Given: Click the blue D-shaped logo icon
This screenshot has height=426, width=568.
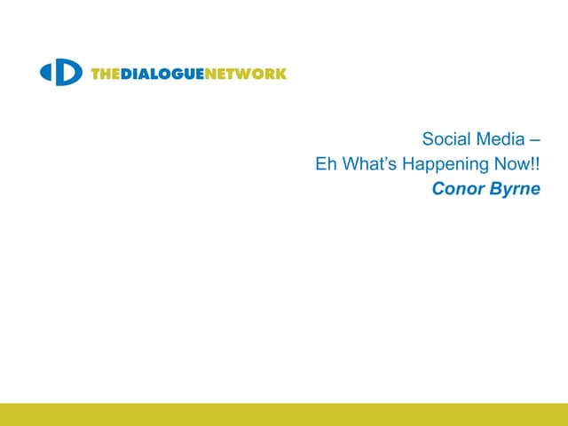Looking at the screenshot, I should [x=61, y=73].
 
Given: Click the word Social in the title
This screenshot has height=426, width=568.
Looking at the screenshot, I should [x=444, y=139].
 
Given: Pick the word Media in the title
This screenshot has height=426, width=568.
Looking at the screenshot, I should [x=500, y=139].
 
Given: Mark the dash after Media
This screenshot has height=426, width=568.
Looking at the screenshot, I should [x=534, y=140].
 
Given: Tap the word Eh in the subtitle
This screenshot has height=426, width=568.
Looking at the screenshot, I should [x=325, y=164].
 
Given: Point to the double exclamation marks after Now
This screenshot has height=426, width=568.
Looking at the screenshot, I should [x=535, y=164].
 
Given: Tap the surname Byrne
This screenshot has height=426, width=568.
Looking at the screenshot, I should [x=514, y=189].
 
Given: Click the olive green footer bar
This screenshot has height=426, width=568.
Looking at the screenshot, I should [x=284, y=414].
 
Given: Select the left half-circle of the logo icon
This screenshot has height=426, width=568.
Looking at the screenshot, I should [x=46, y=73].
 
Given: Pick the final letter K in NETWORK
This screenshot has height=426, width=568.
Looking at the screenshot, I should [x=281, y=74].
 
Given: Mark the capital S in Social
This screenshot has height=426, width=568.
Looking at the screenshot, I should [x=428, y=139].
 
